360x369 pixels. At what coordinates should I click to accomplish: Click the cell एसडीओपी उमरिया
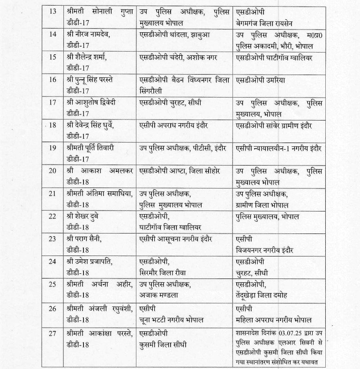point(261,80)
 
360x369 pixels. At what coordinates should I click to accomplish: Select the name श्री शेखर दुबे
point(82,216)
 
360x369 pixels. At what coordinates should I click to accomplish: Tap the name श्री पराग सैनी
point(84,239)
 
